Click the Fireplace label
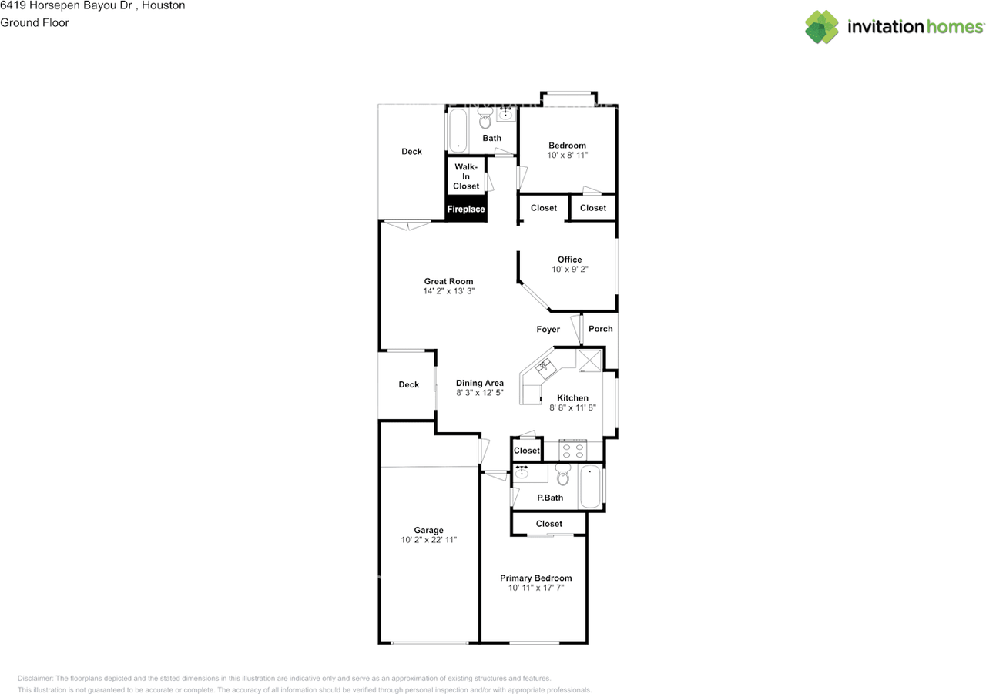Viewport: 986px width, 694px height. point(466,209)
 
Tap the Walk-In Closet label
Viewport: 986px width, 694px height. point(466,176)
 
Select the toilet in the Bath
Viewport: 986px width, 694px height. point(485,118)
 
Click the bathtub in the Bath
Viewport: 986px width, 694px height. point(458,130)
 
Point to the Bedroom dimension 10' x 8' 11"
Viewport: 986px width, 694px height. point(568,155)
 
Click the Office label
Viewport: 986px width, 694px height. point(569,260)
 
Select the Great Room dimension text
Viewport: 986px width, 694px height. point(448,291)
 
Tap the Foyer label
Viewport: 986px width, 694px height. point(548,329)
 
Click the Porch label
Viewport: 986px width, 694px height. point(600,329)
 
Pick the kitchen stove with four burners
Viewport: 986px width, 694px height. point(572,450)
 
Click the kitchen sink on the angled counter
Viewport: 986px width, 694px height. point(546,368)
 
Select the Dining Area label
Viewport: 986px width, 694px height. point(480,383)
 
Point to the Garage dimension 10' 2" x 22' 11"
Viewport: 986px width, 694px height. point(429,540)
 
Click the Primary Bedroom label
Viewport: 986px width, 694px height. point(535,578)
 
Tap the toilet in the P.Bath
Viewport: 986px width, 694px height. point(563,474)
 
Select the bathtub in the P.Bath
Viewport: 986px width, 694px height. point(590,487)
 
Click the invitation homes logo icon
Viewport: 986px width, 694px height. point(822,27)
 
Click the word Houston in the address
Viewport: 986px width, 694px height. point(163,5)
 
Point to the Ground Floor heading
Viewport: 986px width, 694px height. point(35,22)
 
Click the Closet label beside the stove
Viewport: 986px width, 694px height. point(526,450)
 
